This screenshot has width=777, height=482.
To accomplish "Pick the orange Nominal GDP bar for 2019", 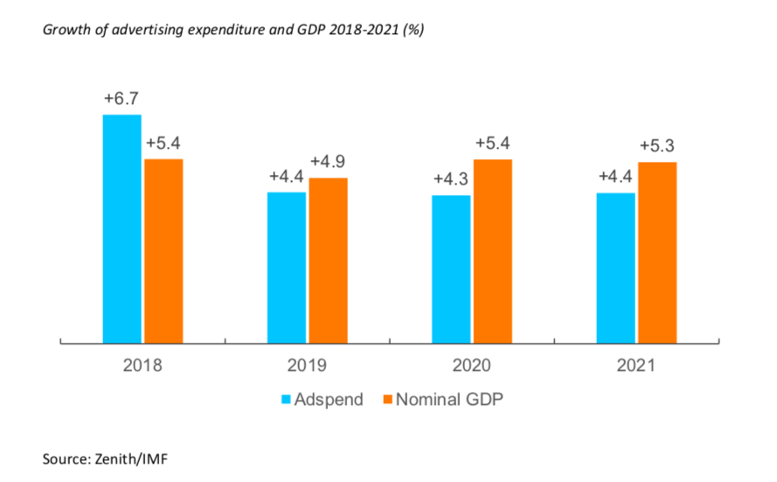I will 328,260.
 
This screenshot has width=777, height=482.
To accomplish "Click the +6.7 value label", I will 121,99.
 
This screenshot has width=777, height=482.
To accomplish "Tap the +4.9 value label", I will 328,162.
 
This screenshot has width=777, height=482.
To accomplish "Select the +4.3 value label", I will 451,179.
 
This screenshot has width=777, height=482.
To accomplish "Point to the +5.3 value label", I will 657,146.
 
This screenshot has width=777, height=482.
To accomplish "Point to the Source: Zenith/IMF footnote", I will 102,457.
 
